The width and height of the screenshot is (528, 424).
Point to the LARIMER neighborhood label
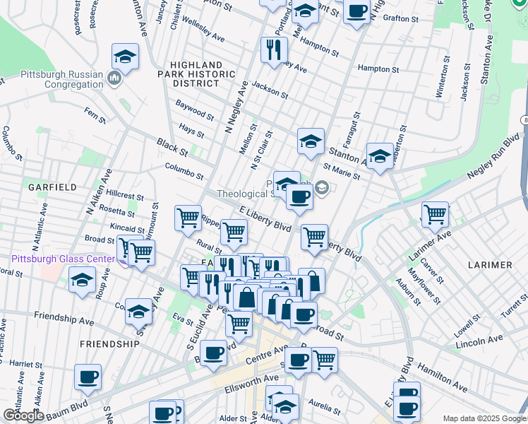[490, 264]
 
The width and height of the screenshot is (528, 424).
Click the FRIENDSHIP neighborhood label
[109, 343]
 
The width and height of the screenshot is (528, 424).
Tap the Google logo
[23, 416]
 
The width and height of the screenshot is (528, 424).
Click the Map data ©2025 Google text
[484, 418]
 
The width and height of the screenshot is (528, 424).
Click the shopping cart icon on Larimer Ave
[435, 214]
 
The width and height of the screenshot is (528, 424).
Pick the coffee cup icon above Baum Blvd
[88, 377]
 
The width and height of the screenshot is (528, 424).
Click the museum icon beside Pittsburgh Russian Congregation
[114, 78]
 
